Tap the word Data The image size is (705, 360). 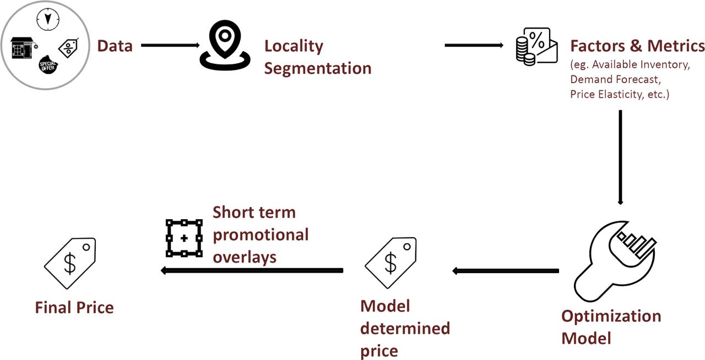coord(115,46)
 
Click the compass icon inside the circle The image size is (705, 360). coord(47,19)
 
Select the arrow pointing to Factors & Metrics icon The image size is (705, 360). coord(474,45)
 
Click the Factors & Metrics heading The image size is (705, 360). coord(637,46)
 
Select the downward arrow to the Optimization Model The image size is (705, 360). coord(621,157)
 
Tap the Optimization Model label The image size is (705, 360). coord(611,326)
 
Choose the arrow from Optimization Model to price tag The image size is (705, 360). coord(506,270)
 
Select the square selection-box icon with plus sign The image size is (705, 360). coord(184,238)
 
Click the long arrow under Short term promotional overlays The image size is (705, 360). coord(252,270)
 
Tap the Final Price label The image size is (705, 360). coord(74,307)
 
